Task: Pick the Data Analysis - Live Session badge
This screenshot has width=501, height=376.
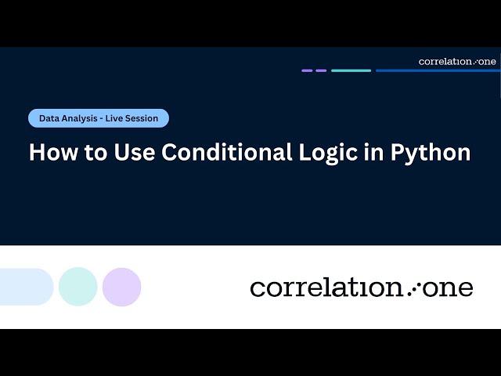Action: (x=99, y=118)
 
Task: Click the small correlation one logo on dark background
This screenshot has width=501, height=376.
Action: (x=457, y=61)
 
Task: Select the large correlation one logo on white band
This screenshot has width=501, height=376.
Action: (x=362, y=287)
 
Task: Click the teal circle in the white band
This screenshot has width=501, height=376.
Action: (x=78, y=287)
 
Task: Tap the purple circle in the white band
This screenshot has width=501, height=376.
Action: (x=121, y=287)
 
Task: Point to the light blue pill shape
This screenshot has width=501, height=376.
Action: (x=25, y=287)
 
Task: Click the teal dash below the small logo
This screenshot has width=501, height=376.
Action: (x=351, y=70)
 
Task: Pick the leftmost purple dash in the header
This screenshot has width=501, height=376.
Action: (x=307, y=70)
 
